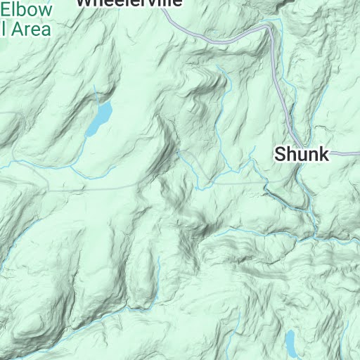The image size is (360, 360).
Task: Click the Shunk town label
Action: (302, 154)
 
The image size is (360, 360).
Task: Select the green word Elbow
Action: (27, 11)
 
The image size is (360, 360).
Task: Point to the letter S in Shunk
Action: (280, 154)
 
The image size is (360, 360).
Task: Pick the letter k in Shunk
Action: (323, 154)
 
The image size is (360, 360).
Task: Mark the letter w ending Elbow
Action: (44, 11)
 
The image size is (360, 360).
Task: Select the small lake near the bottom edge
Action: (290, 342)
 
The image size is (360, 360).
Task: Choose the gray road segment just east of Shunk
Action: (345, 153)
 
